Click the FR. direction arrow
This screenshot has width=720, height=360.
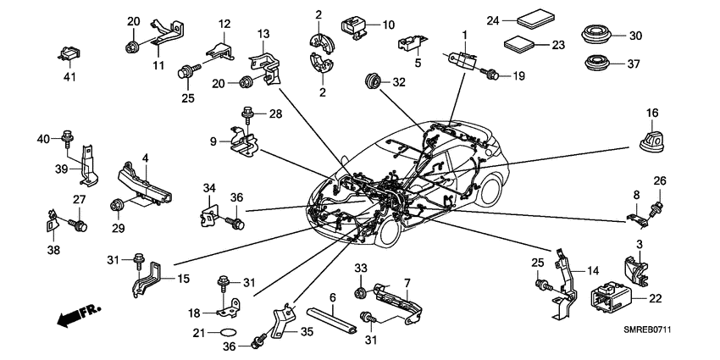[x=74, y=318]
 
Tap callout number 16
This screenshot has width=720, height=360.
[x=652, y=114]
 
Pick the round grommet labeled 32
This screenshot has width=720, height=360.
[x=370, y=82]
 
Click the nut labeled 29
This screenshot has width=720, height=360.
[x=116, y=204]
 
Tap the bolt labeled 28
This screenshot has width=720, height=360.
[x=247, y=112]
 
